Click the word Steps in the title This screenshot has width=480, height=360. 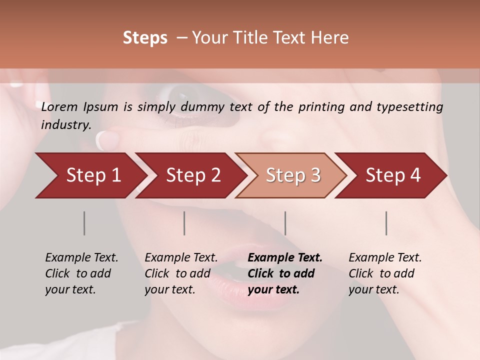145,38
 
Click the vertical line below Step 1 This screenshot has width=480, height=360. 84,223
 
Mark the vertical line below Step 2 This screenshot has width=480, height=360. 184,223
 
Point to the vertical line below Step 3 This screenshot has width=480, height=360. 285,223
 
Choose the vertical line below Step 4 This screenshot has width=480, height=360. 386,223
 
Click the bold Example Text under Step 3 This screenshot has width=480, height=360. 285,258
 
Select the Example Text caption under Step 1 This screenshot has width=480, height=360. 81,258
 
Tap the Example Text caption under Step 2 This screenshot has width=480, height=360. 181,258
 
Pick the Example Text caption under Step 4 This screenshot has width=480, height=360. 385,258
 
